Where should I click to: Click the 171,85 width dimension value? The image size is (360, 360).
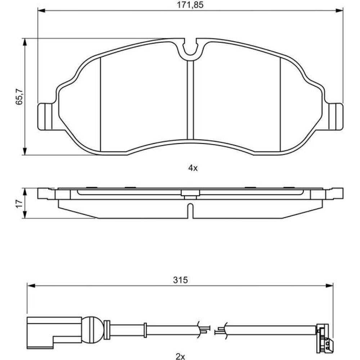point(190,5)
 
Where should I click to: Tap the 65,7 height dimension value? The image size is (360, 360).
point(19,96)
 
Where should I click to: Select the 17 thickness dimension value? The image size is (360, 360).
point(19,203)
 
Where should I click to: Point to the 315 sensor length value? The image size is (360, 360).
point(180,280)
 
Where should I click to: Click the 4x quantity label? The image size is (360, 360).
point(193,168)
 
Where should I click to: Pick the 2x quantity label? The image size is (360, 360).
point(180,356)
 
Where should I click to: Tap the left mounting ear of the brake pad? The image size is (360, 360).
point(45,117)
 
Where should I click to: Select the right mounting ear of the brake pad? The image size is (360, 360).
point(336,117)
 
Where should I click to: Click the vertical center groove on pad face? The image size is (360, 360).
point(190,100)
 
